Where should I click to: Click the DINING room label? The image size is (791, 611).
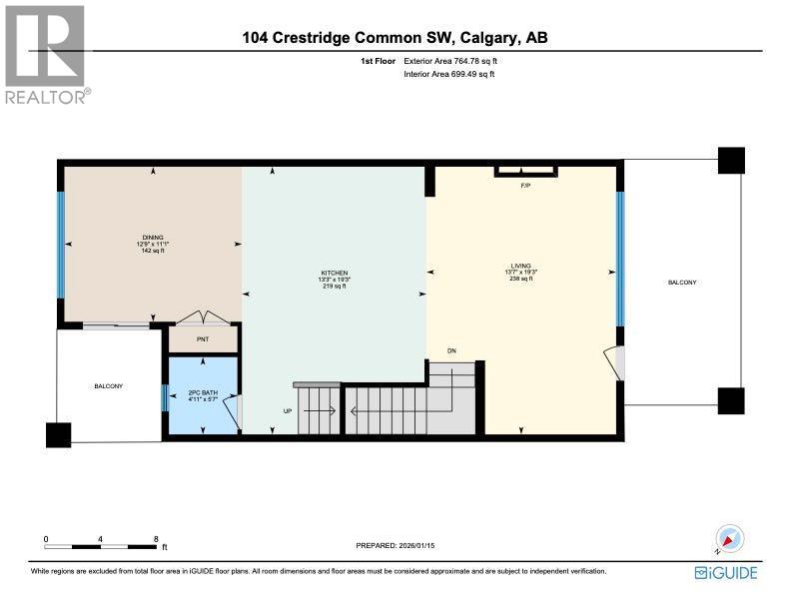coord(152,238)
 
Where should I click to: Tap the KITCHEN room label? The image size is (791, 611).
coord(333,273)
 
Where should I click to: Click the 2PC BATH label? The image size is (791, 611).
coord(203,393)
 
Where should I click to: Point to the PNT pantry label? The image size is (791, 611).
coord(203,339)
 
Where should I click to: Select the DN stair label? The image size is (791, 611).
coord(451,350)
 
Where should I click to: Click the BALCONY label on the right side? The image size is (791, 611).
coord(682,284)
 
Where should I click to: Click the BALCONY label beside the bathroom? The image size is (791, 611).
coord(108,386)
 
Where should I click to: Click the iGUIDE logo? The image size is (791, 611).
coord(726,572)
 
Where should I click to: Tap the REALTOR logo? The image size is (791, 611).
coord(46,54)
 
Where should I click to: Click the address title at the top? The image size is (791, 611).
coord(395,39)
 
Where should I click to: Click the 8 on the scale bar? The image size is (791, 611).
coord(156,539)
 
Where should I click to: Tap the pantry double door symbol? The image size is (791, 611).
coord(205,318)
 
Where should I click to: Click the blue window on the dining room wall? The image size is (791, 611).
coord(61,245)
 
